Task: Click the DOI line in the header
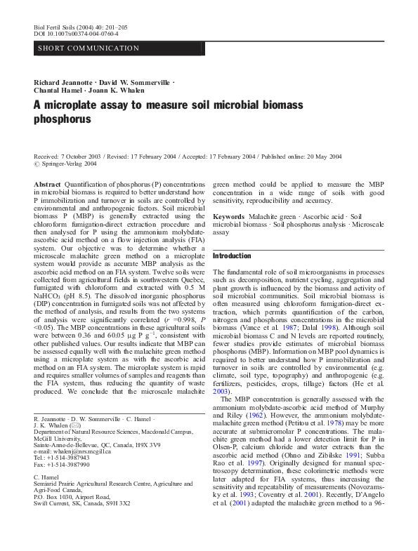76,33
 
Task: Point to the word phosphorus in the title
63,119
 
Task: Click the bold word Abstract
47,182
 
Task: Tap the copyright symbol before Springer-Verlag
37,164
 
